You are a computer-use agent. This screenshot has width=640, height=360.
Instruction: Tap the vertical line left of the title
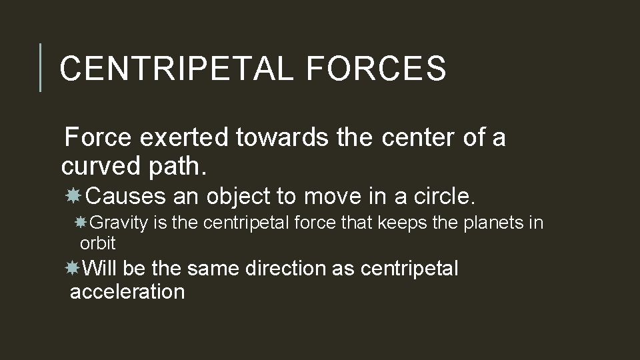(41, 67)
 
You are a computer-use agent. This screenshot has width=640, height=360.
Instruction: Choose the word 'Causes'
(126, 196)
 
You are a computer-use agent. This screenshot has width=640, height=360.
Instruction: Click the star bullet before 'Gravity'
(82, 222)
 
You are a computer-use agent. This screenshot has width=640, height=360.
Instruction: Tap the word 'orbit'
(97, 243)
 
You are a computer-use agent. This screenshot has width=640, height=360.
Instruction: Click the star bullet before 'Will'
(73, 268)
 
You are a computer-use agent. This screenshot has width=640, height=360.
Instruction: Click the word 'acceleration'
(127, 291)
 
